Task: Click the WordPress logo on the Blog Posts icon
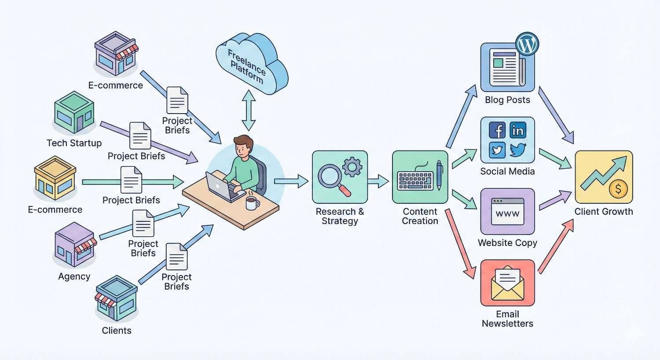[x=527, y=44]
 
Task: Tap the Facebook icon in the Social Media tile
[x=498, y=130]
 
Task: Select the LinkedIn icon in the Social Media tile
[x=518, y=130]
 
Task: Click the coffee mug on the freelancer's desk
[x=252, y=203]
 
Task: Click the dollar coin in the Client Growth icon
[x=618, y=189]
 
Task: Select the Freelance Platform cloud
[x=251, y=64]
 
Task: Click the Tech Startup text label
[x=74, y=143]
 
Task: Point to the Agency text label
[x=74, y=276]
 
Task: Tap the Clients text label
[x=117, y=331]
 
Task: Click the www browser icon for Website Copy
[x=507, y=212]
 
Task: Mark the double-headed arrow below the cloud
[x=249, y=110]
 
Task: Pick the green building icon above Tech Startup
[x=74, y=112]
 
